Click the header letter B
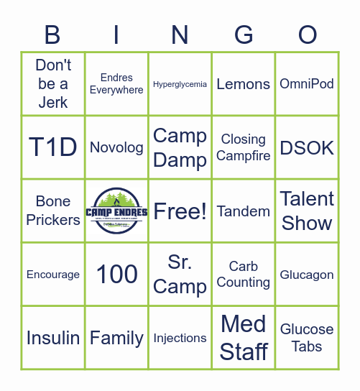tap(52, 34)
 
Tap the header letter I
tap(116, 34)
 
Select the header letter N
tap(180, 34)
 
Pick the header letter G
tap(244, 34)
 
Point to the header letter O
tap(308, 34)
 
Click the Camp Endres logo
tap(116, 211)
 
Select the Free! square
tap(180, 211)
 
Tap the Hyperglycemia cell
tap(180, 84)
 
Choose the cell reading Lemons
tap(244, 84)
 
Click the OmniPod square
tap(307, 83)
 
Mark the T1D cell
tap(52, 147)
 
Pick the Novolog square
tap(116, 147)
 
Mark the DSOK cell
tap(307, 147)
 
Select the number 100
tap(116, 274)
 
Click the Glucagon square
tap(307, 275)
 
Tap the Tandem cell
tap(244, 211)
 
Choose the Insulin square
tap(52, 338)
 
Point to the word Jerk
tap(53, 103)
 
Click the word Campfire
tap(244, 156)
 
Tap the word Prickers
tap(53, 220)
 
